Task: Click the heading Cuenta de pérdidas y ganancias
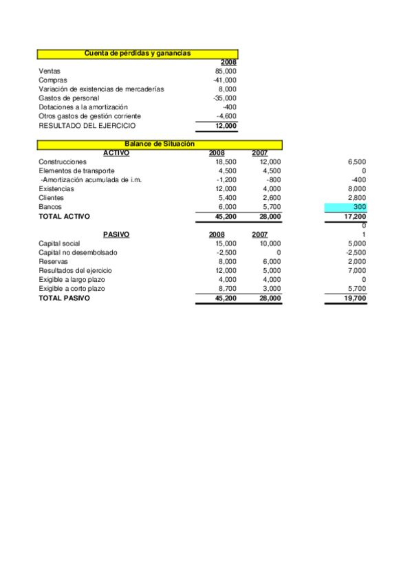click(137, 53)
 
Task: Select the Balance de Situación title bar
click(160, 144)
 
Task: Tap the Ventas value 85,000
click(226, 71)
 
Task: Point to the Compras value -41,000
click(225, 80)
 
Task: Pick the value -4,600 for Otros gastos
click(226, 116)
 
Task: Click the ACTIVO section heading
click(116, 153)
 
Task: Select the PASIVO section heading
click(116, 234)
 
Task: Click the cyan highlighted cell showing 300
click(345, 207)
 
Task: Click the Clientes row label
click(51, 198)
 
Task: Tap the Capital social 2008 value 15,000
click(226, 243)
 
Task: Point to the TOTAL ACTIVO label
click(64, 216)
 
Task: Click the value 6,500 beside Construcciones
click(357, 162)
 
